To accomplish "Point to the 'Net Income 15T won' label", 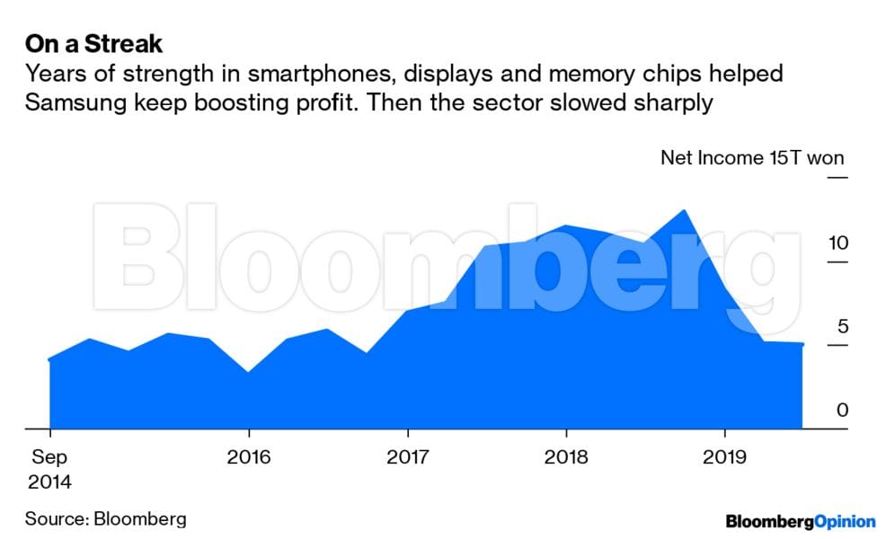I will [x=752, y=159].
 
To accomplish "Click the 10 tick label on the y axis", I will [x=838, y=243].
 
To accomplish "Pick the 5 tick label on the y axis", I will [x=842, y=327].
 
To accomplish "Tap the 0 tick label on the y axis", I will [x=842, y=411].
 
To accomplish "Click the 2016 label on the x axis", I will [x=249, y=457].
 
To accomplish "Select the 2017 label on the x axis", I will [x=407, y=457].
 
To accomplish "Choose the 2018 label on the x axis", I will [x=566, y=457].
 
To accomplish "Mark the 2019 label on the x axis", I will [x=724, y=457].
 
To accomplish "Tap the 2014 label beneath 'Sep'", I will [x=49, y=482].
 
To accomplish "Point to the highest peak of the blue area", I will [x=685, y=210].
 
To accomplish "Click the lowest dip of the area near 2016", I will [x=248, y=371].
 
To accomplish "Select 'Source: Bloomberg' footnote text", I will [x=106, y=518].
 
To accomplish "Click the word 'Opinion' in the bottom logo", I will [x=845, y=521].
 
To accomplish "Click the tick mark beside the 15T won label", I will [x=837, y=178].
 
